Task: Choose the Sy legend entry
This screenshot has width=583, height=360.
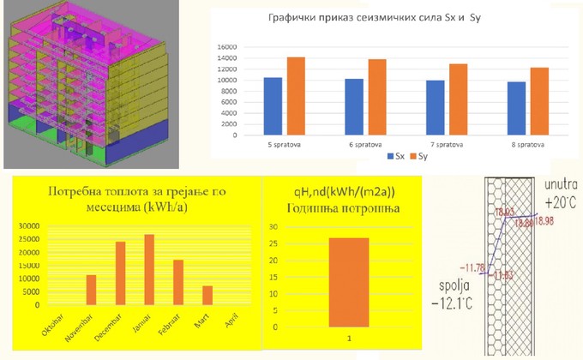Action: pyautogui.click(x=419, y=157)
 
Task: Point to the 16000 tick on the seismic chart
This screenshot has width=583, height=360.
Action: pyautogui.click(x=224, y=47)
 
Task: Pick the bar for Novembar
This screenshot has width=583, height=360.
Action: pyautogui.click(x=91, y=290)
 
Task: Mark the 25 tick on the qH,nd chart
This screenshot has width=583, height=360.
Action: pyautogui.click(x=273, y=246)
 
